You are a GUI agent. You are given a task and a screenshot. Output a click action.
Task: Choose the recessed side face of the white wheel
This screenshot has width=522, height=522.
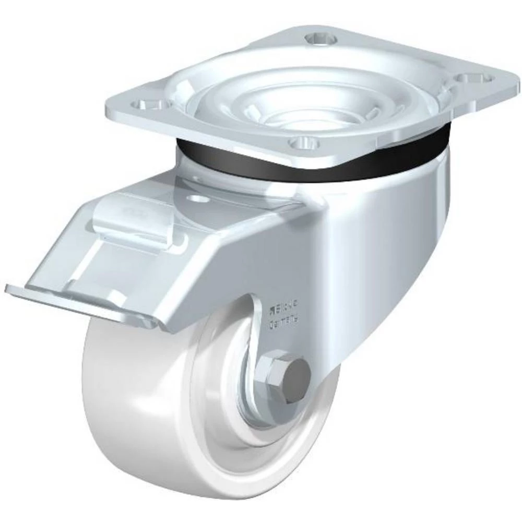[224, 407]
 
